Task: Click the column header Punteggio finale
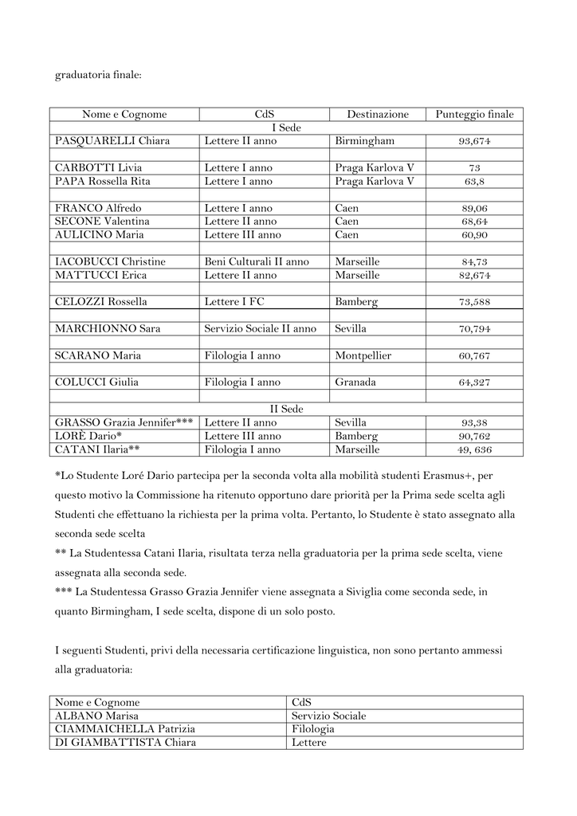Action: (474, 115)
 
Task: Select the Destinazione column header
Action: (377, 115)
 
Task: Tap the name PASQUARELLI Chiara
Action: (112, 142)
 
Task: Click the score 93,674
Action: (474, 142)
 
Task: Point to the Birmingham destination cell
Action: (364, 142)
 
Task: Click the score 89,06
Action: (474, 209)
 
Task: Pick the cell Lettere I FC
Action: (234, 302)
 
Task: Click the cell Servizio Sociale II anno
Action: (260, 329)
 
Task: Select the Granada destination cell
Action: (355, 382)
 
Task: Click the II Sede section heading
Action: (287, 410)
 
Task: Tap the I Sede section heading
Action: (287, 128)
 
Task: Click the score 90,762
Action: (474, 437)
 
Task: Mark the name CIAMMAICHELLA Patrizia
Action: (125, 729)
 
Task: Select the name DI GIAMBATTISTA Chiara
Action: (125, 743)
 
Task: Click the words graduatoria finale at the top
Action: (98, 76)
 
